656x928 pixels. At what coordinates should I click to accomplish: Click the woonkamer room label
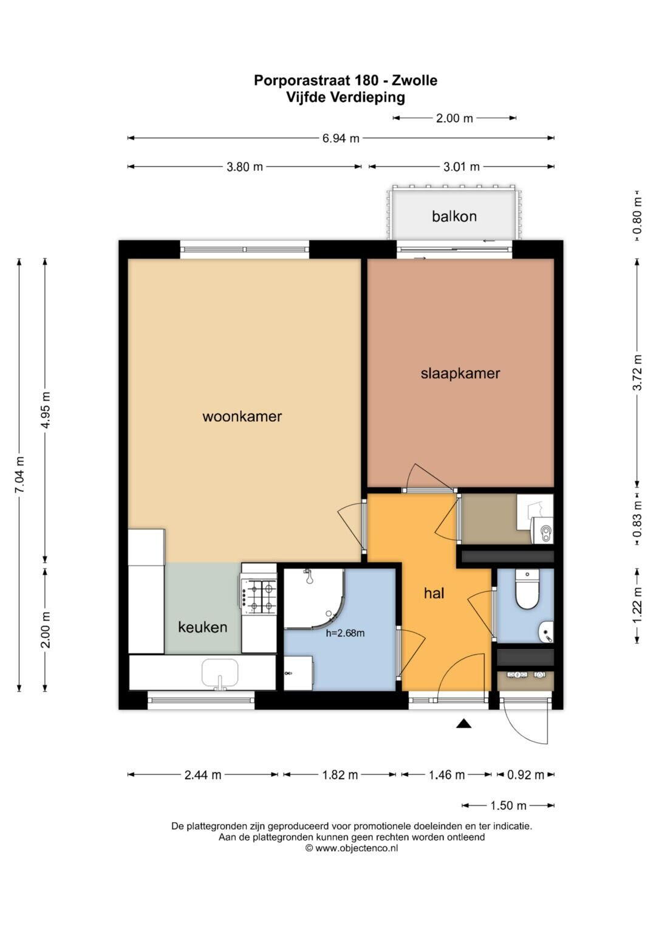tap(242, 416)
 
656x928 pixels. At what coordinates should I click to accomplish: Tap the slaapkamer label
tap(460, 374)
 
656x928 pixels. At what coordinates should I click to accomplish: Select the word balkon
tap(454, 216)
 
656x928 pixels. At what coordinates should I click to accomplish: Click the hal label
tap(434, 593)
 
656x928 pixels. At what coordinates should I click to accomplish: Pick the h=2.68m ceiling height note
tap(346, 633)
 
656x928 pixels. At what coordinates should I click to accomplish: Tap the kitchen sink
tap(220, 674)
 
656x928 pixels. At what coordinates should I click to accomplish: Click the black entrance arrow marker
tap(464, 723)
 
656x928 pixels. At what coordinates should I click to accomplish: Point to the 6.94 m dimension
tap(340, 138)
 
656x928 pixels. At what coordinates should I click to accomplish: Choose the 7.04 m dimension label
tap(20, 475)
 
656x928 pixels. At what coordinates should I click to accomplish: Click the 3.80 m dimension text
tap(244, 167)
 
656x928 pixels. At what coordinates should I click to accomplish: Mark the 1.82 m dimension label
tap(340, 775)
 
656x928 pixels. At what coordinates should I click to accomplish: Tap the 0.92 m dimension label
tap(525, 775)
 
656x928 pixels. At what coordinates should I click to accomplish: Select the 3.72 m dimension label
tap(637, 373)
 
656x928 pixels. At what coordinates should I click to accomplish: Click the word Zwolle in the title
tap(414, 80)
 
